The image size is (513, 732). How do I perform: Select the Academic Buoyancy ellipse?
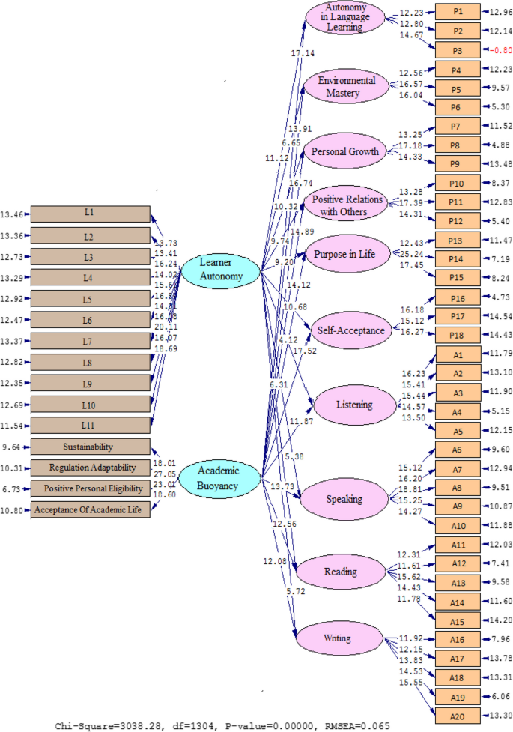pyautogui.click(x=218, y=477)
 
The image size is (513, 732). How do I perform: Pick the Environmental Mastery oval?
pyautogui.click(x=345, y=87)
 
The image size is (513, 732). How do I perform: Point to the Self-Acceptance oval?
pyautogui.click(x=350, y=330)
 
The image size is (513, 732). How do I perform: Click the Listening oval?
pyautogui.click(x=354, y=405)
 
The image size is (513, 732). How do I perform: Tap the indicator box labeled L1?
pyautogui.click(x=90, y=214)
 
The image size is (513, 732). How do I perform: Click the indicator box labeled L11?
pyautogui.click(x=90, y=426)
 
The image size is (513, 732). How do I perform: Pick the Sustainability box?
pyautogui.click(x=90, y=447)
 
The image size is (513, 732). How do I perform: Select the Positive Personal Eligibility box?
pyautogui.click(x=90, y=489)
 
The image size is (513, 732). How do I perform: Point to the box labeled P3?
pyautogui.click(x=458, y=51)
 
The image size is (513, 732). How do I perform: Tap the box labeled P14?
pyautogui.click(x=458, y=258)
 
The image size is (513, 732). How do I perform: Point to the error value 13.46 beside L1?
pyautogui.click(x=13, y=214)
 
